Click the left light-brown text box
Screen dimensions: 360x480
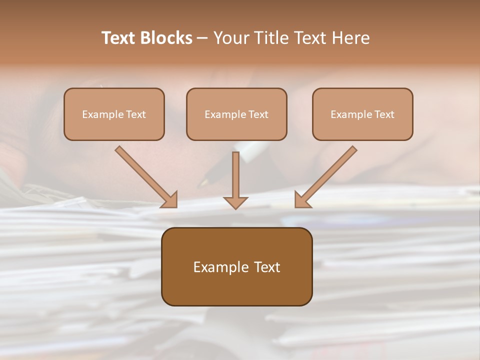coord(114,114)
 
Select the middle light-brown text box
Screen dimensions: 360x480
coord(236,114)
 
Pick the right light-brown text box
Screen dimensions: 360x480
coord(362,114)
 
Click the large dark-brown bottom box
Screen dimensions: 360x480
coord(236,266)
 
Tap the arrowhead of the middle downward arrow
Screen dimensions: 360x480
coord(235,202)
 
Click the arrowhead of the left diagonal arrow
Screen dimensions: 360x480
coord(170,200)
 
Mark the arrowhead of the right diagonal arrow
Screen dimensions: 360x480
coord(301,200)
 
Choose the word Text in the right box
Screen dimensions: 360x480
coord(384,114)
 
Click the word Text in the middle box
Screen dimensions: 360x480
coord(258,114)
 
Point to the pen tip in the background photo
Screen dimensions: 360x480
coord(203,182)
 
